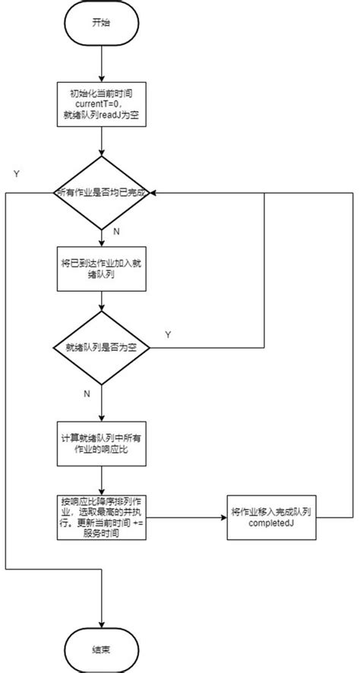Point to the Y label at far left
coord(16,173)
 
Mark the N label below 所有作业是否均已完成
coord(115,229)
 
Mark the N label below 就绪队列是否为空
coord(87,393)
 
